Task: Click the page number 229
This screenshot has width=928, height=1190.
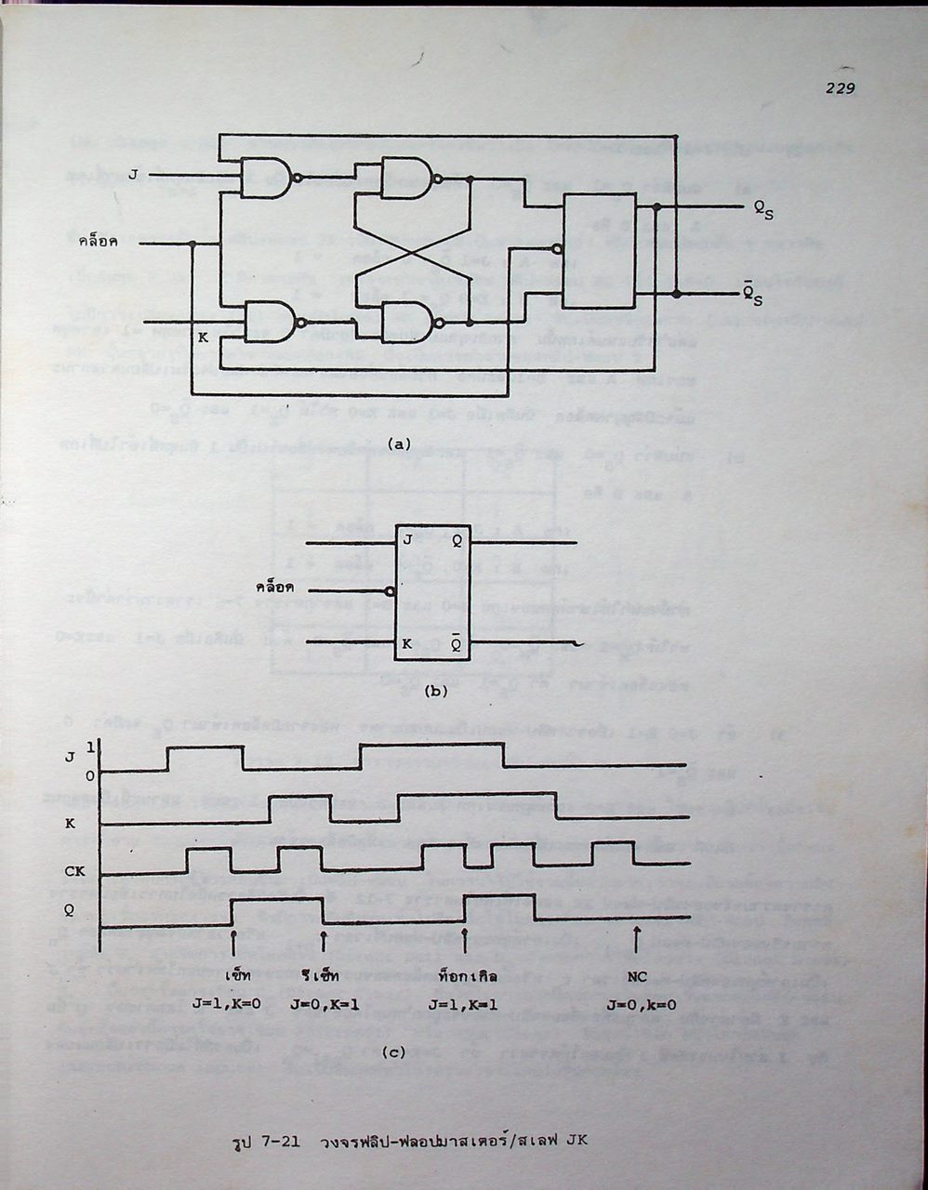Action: (839, 88)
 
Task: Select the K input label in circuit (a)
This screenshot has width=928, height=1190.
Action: (204, 337)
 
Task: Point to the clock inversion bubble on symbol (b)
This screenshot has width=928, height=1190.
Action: (391, 590)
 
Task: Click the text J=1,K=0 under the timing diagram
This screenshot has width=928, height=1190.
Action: (232, 1005)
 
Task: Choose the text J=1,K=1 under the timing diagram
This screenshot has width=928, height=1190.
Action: (459, 1005)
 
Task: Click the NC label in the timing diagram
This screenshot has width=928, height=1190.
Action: (637, 977)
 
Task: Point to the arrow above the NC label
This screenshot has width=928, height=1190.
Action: (637, 940)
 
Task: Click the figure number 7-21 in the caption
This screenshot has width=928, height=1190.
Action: (281, 1142)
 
